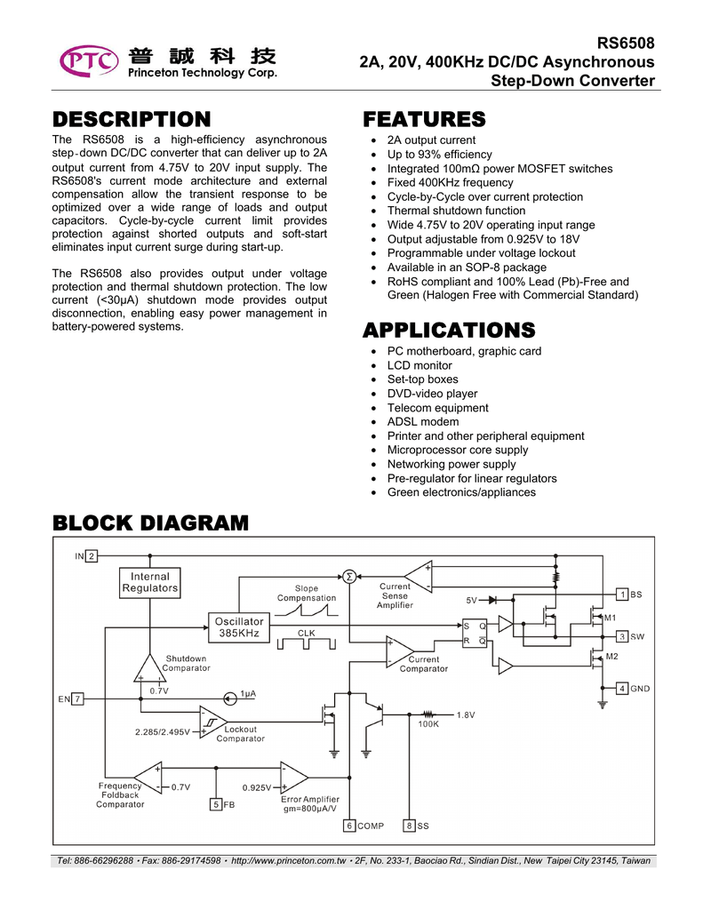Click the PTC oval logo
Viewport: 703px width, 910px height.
coord(88,61)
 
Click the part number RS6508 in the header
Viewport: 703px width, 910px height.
coord(626,44)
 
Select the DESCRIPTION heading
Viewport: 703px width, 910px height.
coord(132,119)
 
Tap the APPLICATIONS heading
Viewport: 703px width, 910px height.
coord(449,330)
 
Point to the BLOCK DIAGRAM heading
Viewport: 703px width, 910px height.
coord(150,523)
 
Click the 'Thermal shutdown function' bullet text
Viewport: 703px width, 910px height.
coord(456,211)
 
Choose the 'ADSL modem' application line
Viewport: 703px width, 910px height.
coord(423,422)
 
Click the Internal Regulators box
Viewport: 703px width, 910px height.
coord(150,583)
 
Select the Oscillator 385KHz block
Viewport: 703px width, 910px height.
coord(239,627)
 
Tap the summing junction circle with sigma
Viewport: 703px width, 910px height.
coord(349,576)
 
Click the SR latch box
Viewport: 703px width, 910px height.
coord(475,633)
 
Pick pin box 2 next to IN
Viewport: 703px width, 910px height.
coord(92,556)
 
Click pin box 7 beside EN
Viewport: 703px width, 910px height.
coord(77,698)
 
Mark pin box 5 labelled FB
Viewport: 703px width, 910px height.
coord(216,804)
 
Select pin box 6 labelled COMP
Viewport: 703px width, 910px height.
coord(349,826)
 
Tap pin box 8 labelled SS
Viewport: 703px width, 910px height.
coord(409,826)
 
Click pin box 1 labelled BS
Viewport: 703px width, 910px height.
coord(622,595)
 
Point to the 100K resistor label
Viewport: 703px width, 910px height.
coord(428,724)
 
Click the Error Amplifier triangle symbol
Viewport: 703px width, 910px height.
coord(294,777)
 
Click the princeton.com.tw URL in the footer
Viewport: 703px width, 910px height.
coord(289,860)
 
